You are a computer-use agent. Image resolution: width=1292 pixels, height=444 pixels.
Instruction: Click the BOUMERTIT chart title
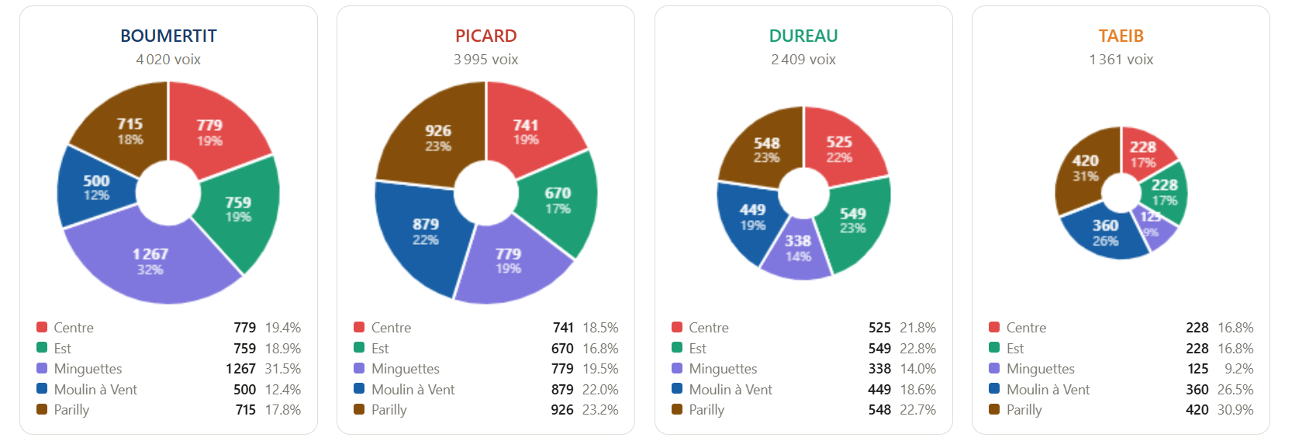168,36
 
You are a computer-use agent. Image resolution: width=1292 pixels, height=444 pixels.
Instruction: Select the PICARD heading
485,36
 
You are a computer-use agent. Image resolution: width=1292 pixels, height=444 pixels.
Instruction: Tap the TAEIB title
1121,36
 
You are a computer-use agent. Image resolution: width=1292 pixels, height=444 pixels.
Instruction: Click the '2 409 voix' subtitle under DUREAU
803,60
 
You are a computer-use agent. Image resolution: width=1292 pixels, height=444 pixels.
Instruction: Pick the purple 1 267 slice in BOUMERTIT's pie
151,260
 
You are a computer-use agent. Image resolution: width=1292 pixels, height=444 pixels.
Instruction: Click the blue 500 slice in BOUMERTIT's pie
96,188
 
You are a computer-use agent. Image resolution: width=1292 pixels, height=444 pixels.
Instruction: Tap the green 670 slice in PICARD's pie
557,200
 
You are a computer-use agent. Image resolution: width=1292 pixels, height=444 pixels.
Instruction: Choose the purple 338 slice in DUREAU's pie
798,250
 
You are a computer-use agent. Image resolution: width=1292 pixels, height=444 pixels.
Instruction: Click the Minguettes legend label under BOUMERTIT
88,369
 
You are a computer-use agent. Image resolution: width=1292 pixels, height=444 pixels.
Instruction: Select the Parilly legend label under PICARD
389,410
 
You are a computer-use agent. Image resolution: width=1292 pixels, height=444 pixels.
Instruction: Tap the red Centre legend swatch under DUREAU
677,327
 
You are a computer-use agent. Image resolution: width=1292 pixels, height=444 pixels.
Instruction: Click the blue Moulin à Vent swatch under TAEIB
994,389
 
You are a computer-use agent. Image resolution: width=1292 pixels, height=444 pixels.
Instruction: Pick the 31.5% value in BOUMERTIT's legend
282,369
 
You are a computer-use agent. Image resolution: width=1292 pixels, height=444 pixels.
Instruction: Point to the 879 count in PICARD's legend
562,390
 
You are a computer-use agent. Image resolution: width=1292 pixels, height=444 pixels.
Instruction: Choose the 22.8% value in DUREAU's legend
917,349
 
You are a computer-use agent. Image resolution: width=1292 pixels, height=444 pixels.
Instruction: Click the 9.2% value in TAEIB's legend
1238,369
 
